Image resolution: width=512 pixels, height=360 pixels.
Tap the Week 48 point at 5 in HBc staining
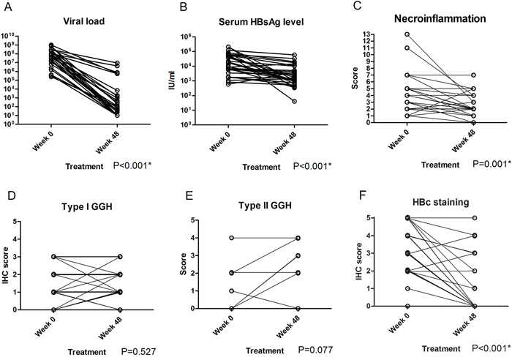475,218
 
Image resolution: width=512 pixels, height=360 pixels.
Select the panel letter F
357,196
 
